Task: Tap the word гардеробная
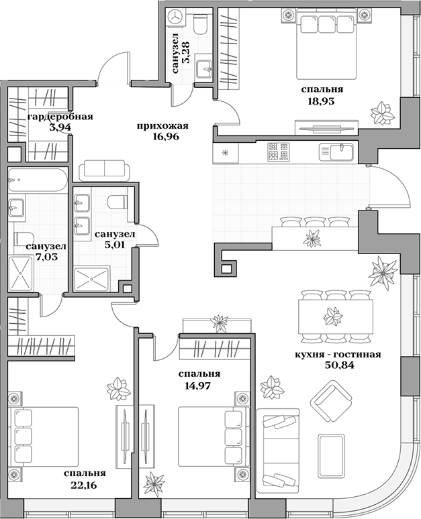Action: click(60, 117)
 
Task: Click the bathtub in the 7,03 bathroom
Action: click(38, 180)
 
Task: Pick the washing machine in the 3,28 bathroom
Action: click(176, 17)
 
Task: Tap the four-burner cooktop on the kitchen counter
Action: click(279, 152)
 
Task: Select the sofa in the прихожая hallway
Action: click(103, 170)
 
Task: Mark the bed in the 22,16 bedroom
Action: click(43, 436)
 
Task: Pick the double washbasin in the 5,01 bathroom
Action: click(81, 213)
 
